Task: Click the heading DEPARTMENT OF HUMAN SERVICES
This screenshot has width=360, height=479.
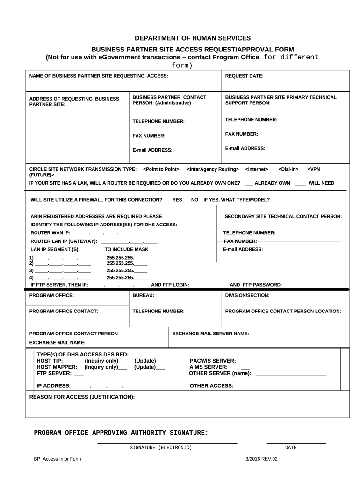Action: pos(193,38)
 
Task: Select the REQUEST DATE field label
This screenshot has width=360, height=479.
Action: pos(244,75)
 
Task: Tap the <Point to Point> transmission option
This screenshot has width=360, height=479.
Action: pos(161,169)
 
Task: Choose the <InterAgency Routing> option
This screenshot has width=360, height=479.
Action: pos(213,169)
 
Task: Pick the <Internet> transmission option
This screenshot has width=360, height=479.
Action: pos(257,169)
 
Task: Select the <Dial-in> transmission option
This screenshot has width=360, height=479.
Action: pos(288,169)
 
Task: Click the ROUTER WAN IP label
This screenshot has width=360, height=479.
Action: pos(50,233)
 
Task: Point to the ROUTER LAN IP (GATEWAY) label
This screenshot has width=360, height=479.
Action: pos(64,241)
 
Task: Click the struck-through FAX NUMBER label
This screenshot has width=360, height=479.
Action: pos(240,241)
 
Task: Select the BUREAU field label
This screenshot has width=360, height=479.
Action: pos(144,296)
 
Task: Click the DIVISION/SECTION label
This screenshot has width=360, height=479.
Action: pos(247,296)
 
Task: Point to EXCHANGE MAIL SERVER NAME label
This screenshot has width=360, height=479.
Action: pos(210,334)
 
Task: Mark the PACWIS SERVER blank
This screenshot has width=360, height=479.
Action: pos(244,362)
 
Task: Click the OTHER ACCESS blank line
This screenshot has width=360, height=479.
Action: pos(282,386)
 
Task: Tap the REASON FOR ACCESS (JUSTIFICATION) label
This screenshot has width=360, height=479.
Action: pos(82,397)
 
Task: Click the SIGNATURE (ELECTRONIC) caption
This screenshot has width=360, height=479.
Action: pos(161,448)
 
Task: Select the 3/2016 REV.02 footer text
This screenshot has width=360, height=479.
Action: pos(261,459)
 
